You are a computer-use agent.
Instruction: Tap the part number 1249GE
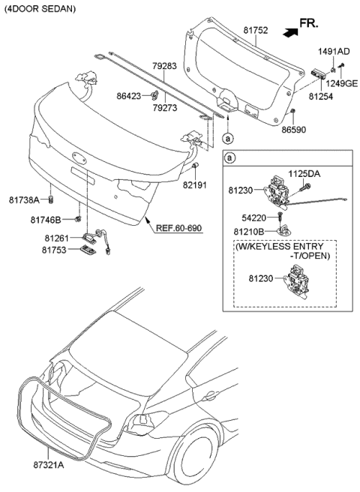tap(341, 83)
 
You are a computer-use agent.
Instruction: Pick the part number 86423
tap(131, 96)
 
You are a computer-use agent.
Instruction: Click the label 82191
tap(198, 182)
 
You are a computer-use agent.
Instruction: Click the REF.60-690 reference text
tap(181, 226)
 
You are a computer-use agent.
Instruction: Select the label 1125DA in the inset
tap(304, 172)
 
